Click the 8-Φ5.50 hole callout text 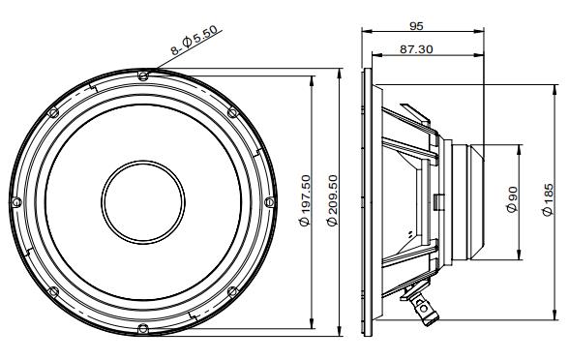(x=195, y=40)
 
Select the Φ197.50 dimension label (x=305, y=200)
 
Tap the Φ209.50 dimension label (x=332, y=200)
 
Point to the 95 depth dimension (x=416, y=26)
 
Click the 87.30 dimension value (x=416, y=49)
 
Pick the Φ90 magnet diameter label (x=512, y=199)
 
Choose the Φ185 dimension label (x=548, y=199)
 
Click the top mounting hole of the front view (x=143, y=75)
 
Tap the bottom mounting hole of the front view (x=143, y=328)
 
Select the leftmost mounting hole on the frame (x=16, y=202)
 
